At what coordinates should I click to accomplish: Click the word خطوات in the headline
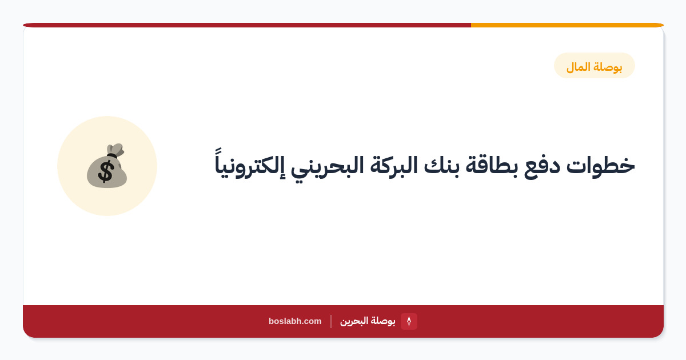[x=601, y=166]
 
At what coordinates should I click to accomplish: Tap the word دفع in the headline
[x=541, y=167]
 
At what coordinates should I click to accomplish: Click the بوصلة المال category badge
[x=594, y=65]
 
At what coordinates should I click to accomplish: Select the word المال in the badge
[x=578, y=67]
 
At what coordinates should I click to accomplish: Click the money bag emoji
[x=107, y=165]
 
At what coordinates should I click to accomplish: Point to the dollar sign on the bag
[x=106, y=172]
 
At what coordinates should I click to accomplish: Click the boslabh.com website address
[x=295, y=321]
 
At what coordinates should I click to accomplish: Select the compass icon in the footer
[x=409, y=321]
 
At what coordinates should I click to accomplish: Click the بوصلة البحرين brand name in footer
[x=368, y=321]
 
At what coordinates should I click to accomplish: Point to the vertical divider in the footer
[x=331, y=321]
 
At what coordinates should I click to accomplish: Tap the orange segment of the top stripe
[x=567, y=25]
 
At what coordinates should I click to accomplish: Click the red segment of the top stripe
[x=247, y=25]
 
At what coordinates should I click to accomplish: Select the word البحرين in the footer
[x=354, y=321]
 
